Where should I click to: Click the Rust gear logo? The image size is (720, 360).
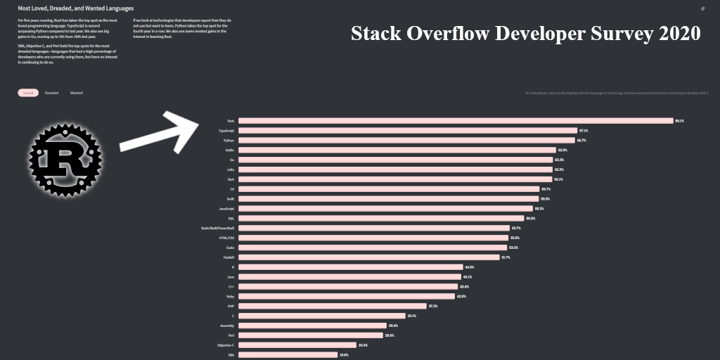click(x=65, y=159)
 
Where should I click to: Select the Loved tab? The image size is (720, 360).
click(x=28, y=93)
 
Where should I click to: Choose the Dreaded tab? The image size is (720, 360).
click(x=52, y=93)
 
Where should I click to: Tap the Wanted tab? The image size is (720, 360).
click(x=76, y=93)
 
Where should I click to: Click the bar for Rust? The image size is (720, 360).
click(x=456, y=121)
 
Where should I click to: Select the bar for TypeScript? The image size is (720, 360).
click(x=407, y=131)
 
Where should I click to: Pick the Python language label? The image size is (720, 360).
click(x=229, y=141)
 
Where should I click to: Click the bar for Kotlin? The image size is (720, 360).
click(x=397, y=150)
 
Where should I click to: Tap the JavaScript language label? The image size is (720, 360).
click(x=226, y=209)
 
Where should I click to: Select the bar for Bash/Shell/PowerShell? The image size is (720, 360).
click(x=374, y=228)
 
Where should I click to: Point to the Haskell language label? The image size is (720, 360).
click(x=228, y=257)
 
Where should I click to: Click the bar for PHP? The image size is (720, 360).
click(x=333, y=306)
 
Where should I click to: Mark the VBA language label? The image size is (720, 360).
click(x=231, y=355)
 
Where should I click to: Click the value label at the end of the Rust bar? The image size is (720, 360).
click(x=679, y=121)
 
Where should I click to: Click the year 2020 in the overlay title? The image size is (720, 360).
click(x=680, y=33)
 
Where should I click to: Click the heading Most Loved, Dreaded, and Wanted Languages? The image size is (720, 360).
click(x=76, y=8)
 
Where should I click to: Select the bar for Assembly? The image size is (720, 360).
click(x=312, y=326)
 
